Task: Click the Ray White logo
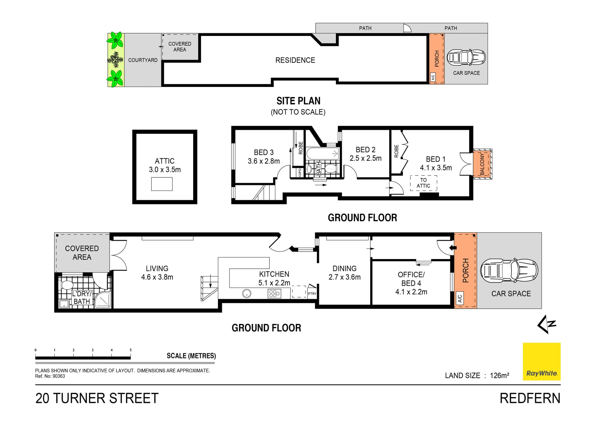(x=542, y=361)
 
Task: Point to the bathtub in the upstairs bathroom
(x=323, y=154)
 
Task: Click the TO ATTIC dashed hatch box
(x=423, y=183)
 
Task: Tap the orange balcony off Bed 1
(x=482, y=164)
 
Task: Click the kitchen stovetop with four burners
(x=274, y=293)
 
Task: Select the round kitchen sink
(x=247, y=293)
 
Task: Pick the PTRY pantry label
(x=312, y=293)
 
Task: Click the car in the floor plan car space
(x=509, y=271)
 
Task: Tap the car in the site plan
(x=466, y=57)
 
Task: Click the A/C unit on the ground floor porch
(x=460, y=299)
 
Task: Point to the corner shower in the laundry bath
(x=103, y=300)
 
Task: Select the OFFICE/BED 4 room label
(x=411, y=283)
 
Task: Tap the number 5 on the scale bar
(x=131, y=350)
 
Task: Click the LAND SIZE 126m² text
(x=477, y=375)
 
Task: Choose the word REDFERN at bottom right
(x=530, y=398)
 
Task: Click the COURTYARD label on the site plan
(x=143, y=60)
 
